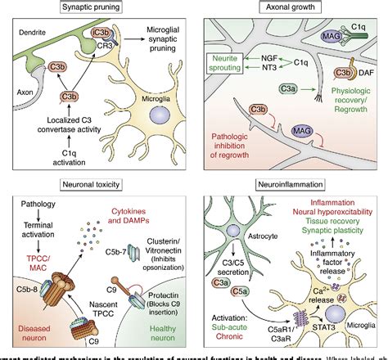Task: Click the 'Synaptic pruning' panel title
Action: point(98,11)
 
